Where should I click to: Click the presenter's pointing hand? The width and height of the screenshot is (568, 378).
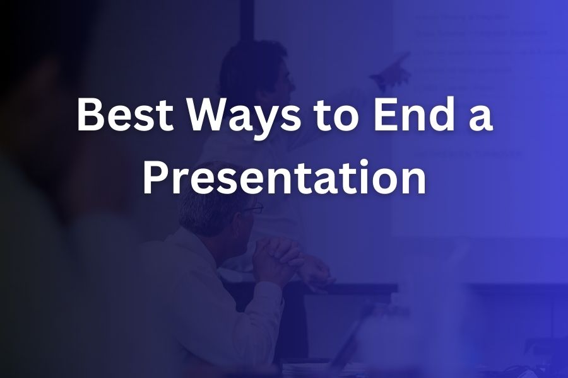pyautogui.click(x=391, y=71)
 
